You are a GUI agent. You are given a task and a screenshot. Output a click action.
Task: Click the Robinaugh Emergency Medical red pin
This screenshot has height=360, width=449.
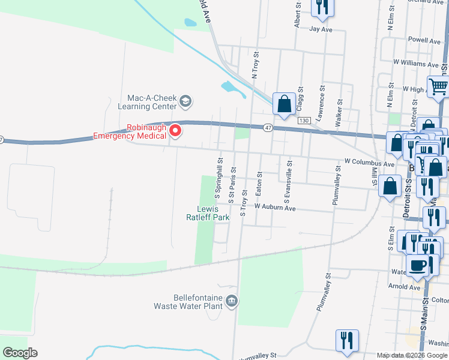tap(176, 130)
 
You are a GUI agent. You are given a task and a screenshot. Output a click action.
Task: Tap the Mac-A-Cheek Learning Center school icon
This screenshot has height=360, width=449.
tap(185, 101)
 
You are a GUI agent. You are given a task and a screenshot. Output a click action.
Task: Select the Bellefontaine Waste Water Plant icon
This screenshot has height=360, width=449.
tap(232, 300)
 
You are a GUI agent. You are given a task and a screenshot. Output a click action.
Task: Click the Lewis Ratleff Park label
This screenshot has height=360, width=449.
tap(214, 213)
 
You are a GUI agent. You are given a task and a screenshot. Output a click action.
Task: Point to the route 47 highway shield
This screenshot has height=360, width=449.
tap(267, 127)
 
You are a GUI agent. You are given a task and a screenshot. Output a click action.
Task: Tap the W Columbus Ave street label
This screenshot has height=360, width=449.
tap(369, 163)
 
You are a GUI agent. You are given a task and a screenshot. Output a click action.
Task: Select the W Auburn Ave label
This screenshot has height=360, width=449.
tap(275, 207)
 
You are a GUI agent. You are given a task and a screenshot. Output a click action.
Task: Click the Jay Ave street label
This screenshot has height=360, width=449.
tap(321, 29)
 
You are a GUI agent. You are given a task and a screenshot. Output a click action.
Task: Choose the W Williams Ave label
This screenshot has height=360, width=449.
tap(416, 63)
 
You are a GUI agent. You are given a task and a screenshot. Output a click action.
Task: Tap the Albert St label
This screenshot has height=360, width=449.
tap(297, 14)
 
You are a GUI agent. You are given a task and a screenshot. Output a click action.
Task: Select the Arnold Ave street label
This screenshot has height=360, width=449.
tap(406, 287)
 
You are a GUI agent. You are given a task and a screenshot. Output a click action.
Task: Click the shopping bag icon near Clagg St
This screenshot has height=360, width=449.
tap(284, 103)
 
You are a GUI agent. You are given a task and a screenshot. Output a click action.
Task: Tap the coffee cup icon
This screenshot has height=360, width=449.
tap(418, 265)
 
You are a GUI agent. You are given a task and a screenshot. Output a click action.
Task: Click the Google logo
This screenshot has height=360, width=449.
tap(20, 353)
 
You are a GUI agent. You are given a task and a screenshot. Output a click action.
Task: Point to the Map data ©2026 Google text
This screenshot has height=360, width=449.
tap(411, 355)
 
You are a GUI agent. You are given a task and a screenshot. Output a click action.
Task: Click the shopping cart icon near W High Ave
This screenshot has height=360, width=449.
tap(438, 86)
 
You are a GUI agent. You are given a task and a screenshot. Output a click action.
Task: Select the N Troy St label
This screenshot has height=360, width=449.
tap(255, 65)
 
